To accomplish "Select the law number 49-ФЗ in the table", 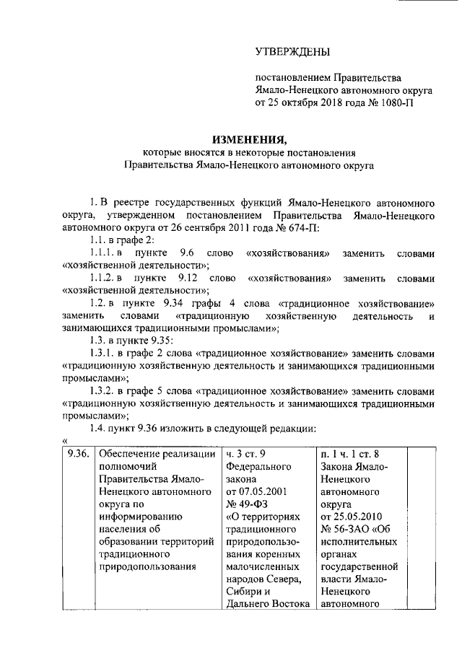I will point(245,504).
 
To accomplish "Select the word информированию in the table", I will point(139,516).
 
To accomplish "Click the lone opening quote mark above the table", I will point(65,440).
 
